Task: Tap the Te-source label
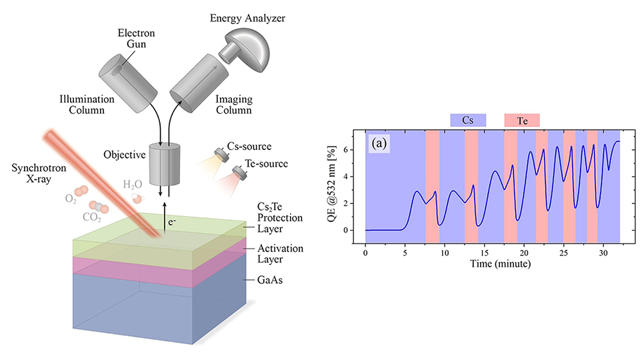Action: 267,163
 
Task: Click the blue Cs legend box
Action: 467,120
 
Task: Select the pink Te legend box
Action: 521,120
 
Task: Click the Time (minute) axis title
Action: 493,265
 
